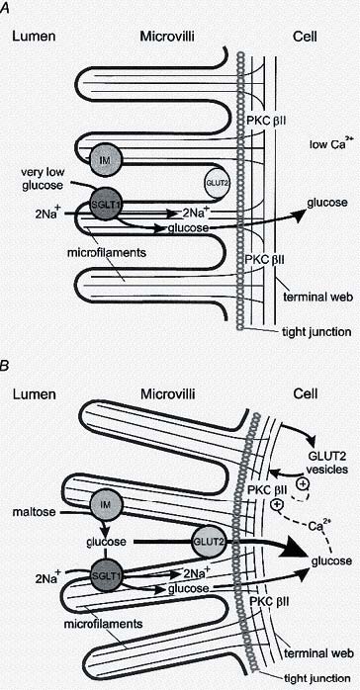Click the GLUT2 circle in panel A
coord(217,180)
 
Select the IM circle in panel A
coord(107,158)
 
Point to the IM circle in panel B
coord(106,506)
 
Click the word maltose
coord(36,513)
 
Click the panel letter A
coord(5,10)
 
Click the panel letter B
coord(5,366)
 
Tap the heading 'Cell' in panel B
coord(305,394)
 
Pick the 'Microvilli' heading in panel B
coord(166,394)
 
